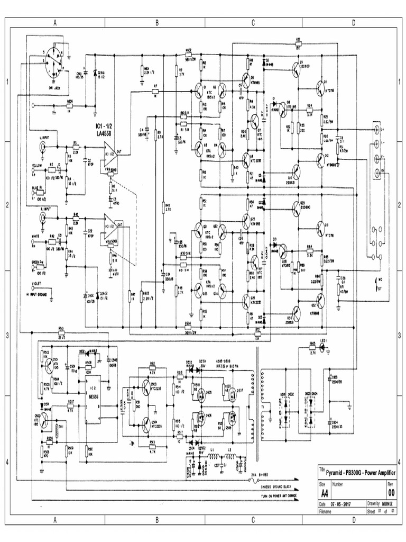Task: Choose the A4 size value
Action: click(322, 492)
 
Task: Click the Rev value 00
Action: click(391, 492)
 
